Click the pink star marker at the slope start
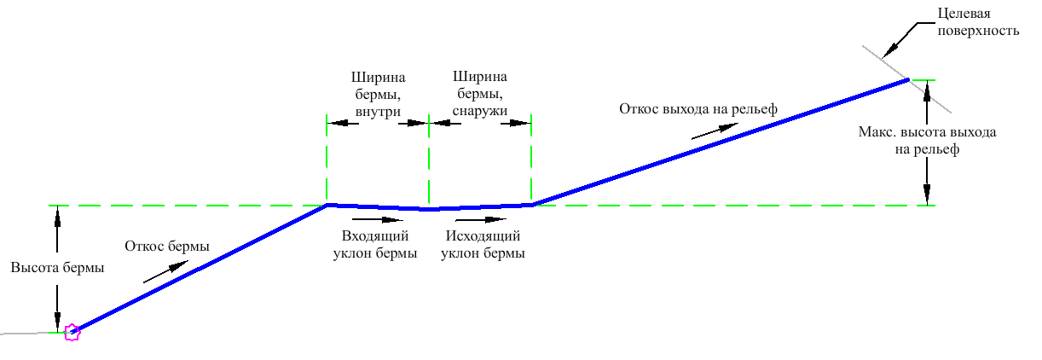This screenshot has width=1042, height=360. coord(72,332)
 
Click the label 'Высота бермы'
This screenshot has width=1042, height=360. coord(57,268)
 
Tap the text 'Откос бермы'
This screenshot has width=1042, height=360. coord(167,246)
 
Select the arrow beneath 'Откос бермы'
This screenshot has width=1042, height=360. coord(165,271)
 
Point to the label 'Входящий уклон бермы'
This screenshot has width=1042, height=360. coord(375,244)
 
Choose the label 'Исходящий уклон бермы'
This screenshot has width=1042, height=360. coord(483,244)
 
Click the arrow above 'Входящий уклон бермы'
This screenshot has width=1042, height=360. coord(377,219)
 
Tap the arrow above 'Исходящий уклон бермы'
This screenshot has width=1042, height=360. coord(481,219)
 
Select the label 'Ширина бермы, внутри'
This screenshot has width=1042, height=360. coord(378,94)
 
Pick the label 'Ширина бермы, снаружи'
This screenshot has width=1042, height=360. coord(479,94)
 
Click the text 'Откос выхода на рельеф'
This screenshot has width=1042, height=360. coord(698,109)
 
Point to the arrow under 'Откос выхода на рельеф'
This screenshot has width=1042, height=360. coord(715,131)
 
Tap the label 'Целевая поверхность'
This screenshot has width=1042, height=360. coord(978,22)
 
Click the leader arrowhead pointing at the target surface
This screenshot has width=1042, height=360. coord(889,51)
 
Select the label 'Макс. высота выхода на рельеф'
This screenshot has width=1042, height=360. coord(927,141)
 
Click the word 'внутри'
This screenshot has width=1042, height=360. coord(378,112)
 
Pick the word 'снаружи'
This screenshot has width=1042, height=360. coord(479,111)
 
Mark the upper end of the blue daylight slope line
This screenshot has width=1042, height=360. coord(907,80)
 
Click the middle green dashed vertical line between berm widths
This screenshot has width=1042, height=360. coord(429,161)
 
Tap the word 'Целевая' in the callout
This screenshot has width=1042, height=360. coord(964,14)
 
